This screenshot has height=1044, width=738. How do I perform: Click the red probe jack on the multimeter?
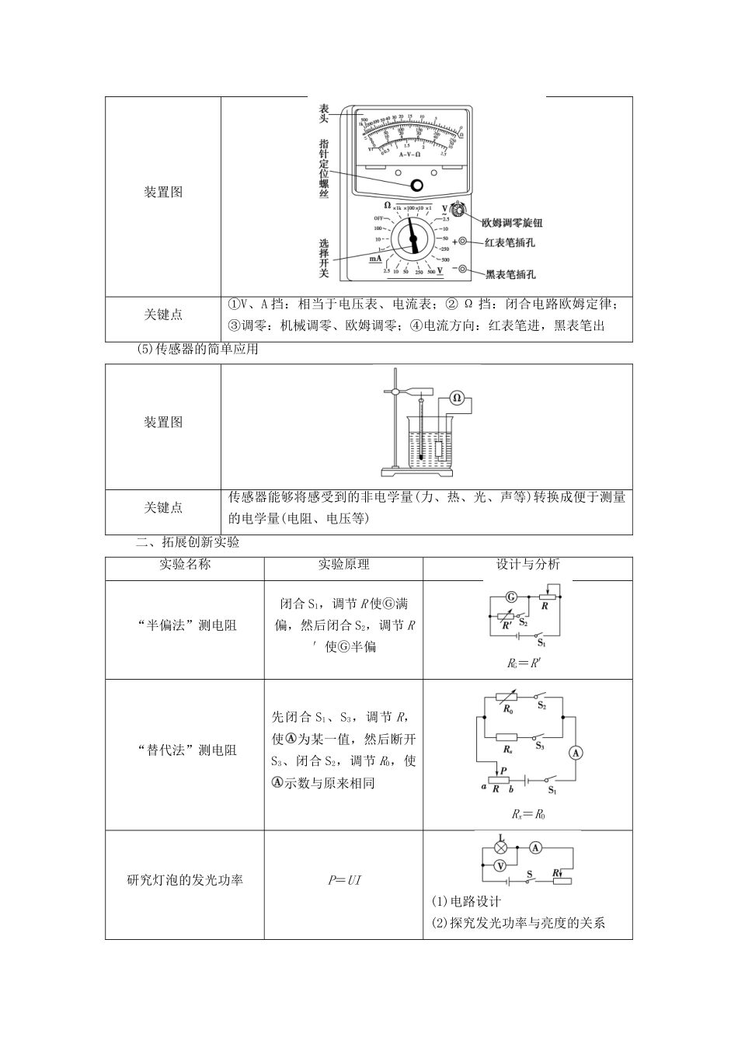(463, 242)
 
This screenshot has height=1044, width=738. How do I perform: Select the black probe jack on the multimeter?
(463, 270)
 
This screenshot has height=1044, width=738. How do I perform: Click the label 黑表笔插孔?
(510, 274)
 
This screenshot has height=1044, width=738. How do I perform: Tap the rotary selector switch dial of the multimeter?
(413, 238)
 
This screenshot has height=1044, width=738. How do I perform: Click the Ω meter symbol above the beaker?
(457, 398)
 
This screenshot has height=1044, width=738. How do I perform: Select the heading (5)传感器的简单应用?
(197, 350)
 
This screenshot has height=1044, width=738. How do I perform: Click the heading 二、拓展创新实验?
(188, 542)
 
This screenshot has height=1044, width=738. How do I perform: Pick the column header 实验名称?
(185, 564)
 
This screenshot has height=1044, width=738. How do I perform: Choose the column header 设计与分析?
(527, 565)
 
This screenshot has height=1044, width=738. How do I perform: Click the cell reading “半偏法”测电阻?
(186, 625)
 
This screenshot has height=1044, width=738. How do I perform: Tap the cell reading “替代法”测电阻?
(186, 750)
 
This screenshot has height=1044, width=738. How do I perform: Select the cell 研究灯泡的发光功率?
(185, 880)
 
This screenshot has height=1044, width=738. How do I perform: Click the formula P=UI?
(344, 880)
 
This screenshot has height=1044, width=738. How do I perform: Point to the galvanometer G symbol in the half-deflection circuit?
(511, 597)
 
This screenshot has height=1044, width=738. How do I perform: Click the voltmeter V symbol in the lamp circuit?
(501, 865)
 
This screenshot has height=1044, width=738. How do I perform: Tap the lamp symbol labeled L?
(501, 847)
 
